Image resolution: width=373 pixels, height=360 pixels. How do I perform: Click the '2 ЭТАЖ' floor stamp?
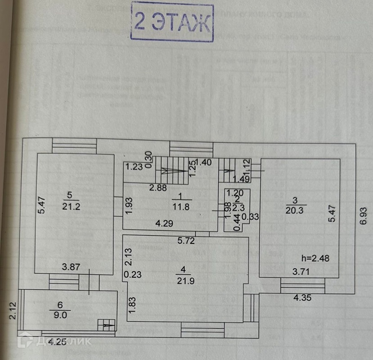[x=172, y=22]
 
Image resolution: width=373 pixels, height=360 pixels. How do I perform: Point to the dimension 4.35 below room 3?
[x=303, y=297]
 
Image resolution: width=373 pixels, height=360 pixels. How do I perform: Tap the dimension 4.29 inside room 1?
[x=165, y=222]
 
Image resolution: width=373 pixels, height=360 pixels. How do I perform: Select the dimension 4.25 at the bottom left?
[x=58, y=342]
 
